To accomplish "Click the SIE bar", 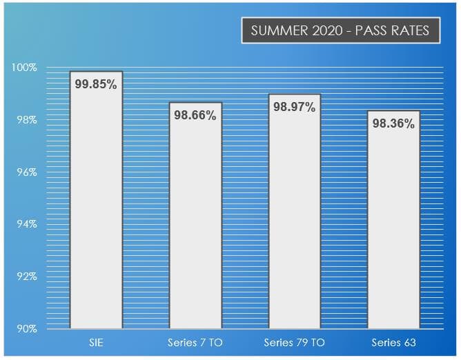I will coord(96,207).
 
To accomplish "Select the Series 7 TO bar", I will coord(195,221).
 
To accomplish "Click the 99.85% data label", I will coord(96,84).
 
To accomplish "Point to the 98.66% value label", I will coord(195,115).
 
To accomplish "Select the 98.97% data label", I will coord(294,107).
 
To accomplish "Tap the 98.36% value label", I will coord(393,124).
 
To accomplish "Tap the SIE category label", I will coord(96,343).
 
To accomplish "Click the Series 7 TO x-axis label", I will coord(195,343).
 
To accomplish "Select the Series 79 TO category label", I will coord(294,343).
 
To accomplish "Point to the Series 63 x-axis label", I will coord(393,343).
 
